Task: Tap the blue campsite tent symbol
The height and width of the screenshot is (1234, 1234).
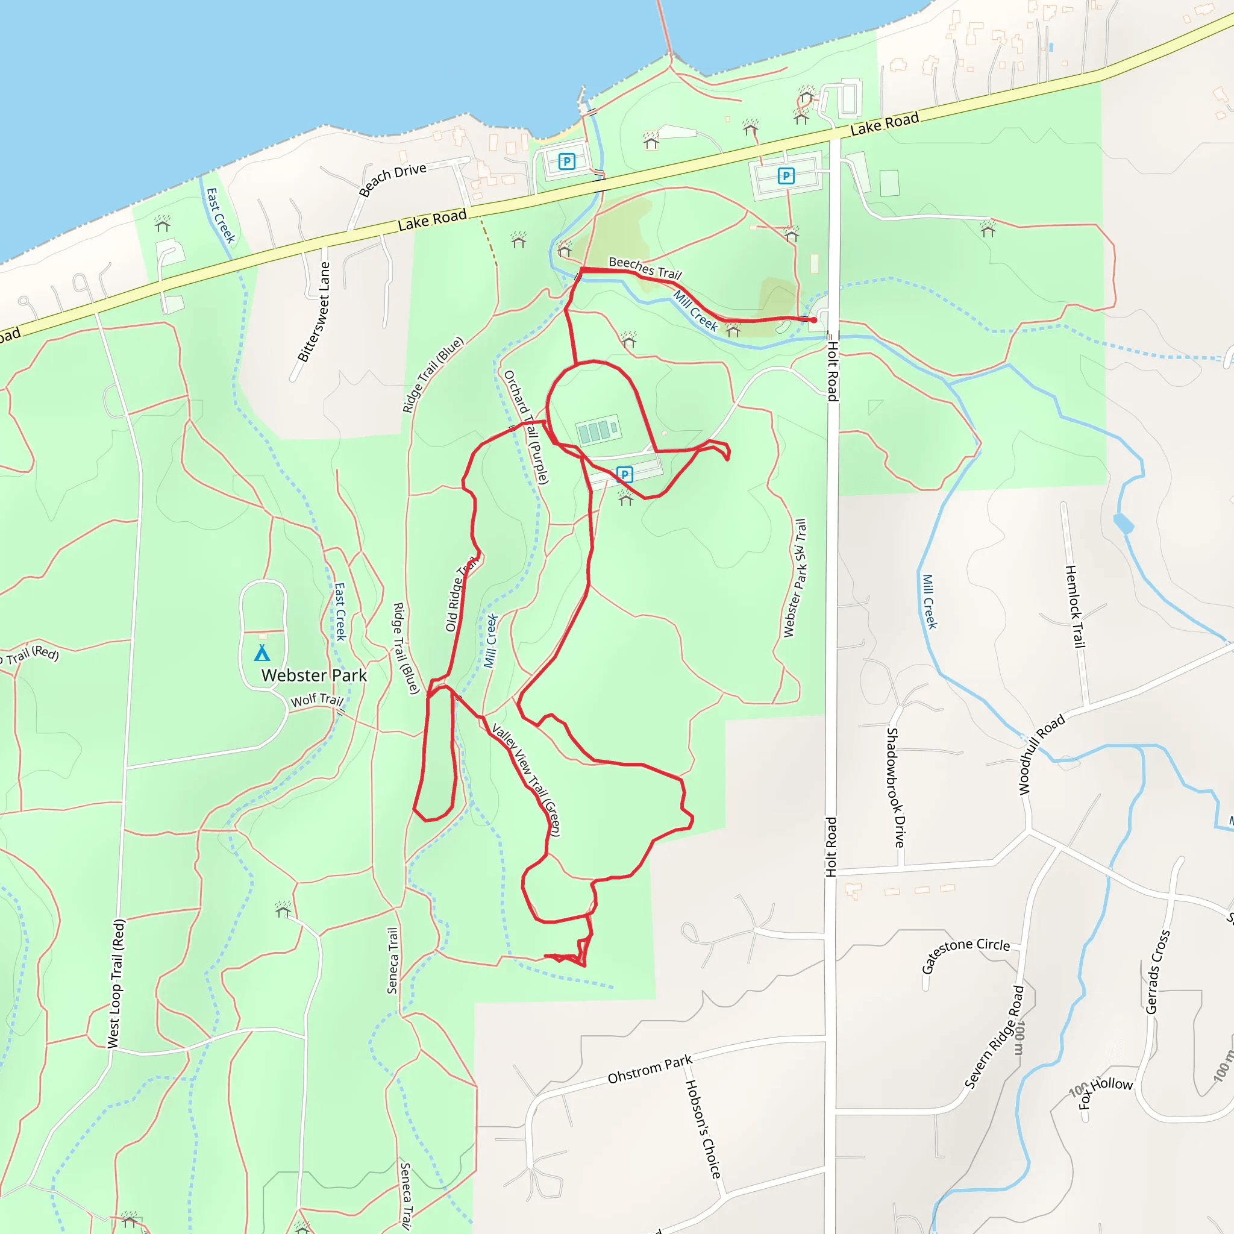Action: [x=262, y=653]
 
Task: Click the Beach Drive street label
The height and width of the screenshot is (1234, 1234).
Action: [x=392, y=179]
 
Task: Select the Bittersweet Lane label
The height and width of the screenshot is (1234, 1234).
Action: [x=315, y=312]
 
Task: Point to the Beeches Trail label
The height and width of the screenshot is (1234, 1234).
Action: [x=645, y=268]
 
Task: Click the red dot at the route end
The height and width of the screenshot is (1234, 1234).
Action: [x=813, y=319]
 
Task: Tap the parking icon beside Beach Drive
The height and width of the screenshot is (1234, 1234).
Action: [x=566, y=161]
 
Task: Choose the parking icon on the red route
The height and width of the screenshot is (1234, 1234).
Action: [x=625, y=474]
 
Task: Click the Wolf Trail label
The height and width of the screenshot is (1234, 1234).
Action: [x=317, y=700]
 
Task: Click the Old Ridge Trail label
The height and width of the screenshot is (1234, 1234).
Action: [x=461, y=594]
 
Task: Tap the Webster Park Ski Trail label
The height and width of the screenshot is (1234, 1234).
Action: [x=795, y=578]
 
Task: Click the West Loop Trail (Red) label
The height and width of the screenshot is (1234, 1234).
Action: [x=116, y=983]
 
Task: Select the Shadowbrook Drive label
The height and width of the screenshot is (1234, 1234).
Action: [x=895, y=787]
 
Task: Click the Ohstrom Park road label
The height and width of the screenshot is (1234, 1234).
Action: [x=650, y=1070]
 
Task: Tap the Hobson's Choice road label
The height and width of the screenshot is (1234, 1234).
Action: [x=703, y=1129]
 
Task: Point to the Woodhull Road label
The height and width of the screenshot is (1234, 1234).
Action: [x=1041, y=754]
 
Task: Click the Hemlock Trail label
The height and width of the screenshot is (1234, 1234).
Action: [x=1075, y=606]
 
